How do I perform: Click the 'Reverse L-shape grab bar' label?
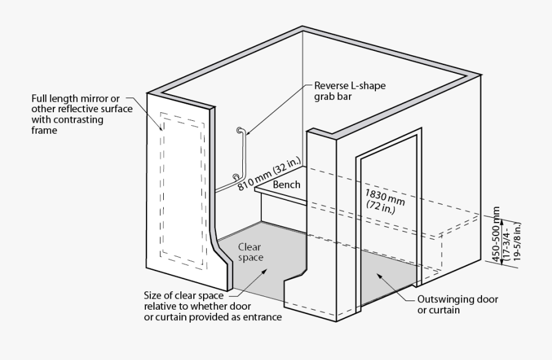pyautogui.click(x=350, y=91)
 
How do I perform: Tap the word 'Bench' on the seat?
pyautogui.click(x=286, y=185)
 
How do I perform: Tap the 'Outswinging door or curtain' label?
pyautogui.click(x=457, y=305)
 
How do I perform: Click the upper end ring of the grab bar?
pyautogui.click(x=239, y=130)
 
